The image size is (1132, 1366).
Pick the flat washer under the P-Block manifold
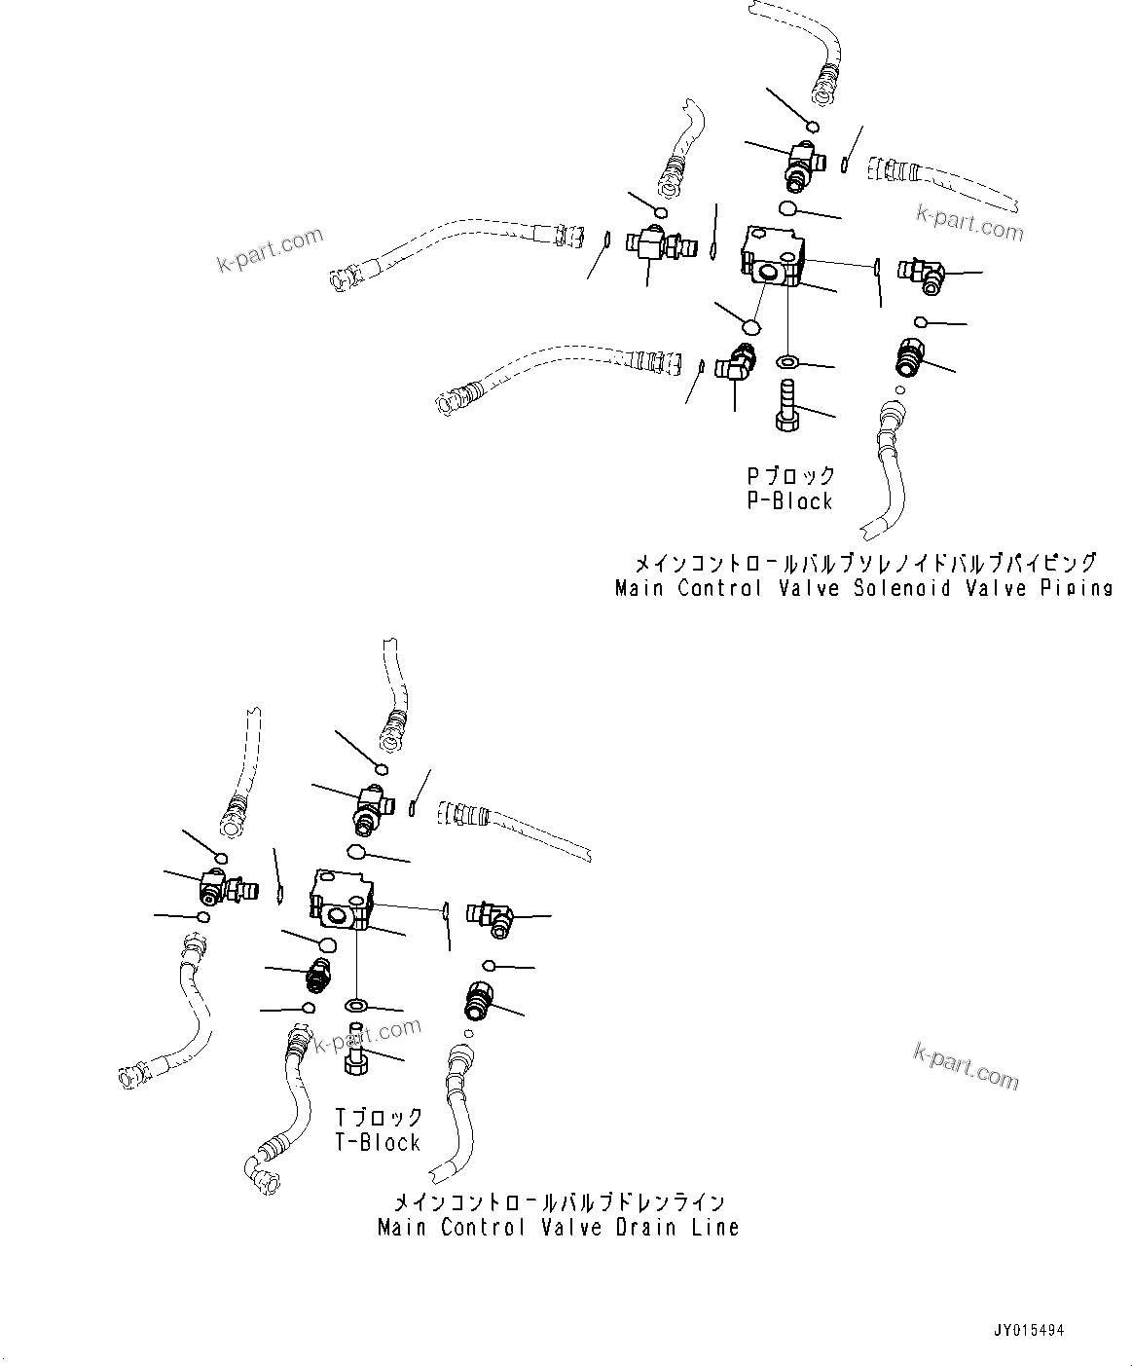pos(786,362)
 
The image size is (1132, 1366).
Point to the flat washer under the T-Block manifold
pos(356,1004)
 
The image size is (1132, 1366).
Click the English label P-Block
pos(789,501)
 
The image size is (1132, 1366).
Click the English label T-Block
pos(378,1143)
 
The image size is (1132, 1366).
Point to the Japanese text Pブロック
pos(790,476)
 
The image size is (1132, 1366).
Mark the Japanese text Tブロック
pos(379,1118)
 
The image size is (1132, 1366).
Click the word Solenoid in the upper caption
pos(895,588)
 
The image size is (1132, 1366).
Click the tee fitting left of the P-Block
pos(652,241)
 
